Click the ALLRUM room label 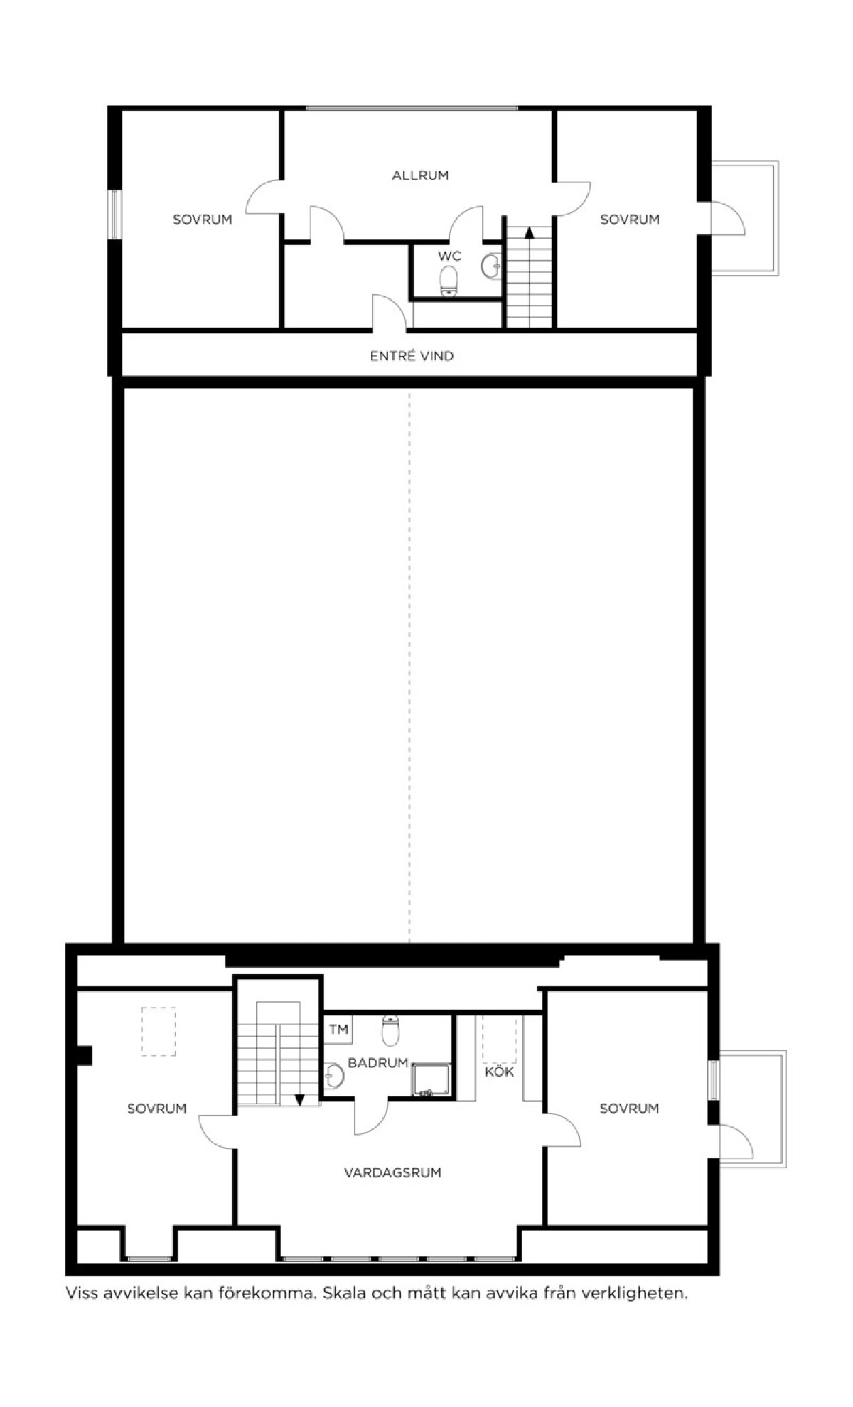(420, 175)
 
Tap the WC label (449, 256)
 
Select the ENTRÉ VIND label (412, 356)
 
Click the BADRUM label (378, 1063)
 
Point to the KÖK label (499, 1072)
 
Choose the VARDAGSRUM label (392, 1172)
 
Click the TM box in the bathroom (339, 1029)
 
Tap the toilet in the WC (449, 281)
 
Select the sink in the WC (492, 266)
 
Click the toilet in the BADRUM (390, 1030)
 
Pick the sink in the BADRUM (333, 1076)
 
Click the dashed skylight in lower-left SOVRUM (158, 1032)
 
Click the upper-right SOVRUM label (630, 220)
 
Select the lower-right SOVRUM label (629, 1109)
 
